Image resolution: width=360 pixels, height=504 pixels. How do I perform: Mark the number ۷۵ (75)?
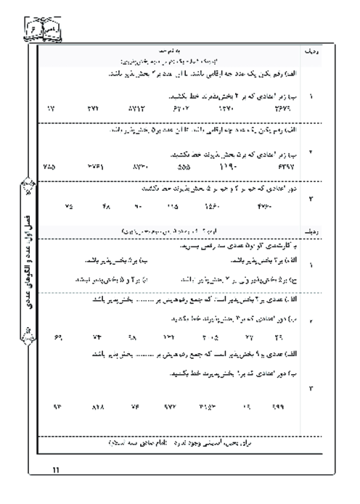coord(69,206)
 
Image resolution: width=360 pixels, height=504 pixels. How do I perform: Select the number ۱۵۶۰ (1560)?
coord(211,206)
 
